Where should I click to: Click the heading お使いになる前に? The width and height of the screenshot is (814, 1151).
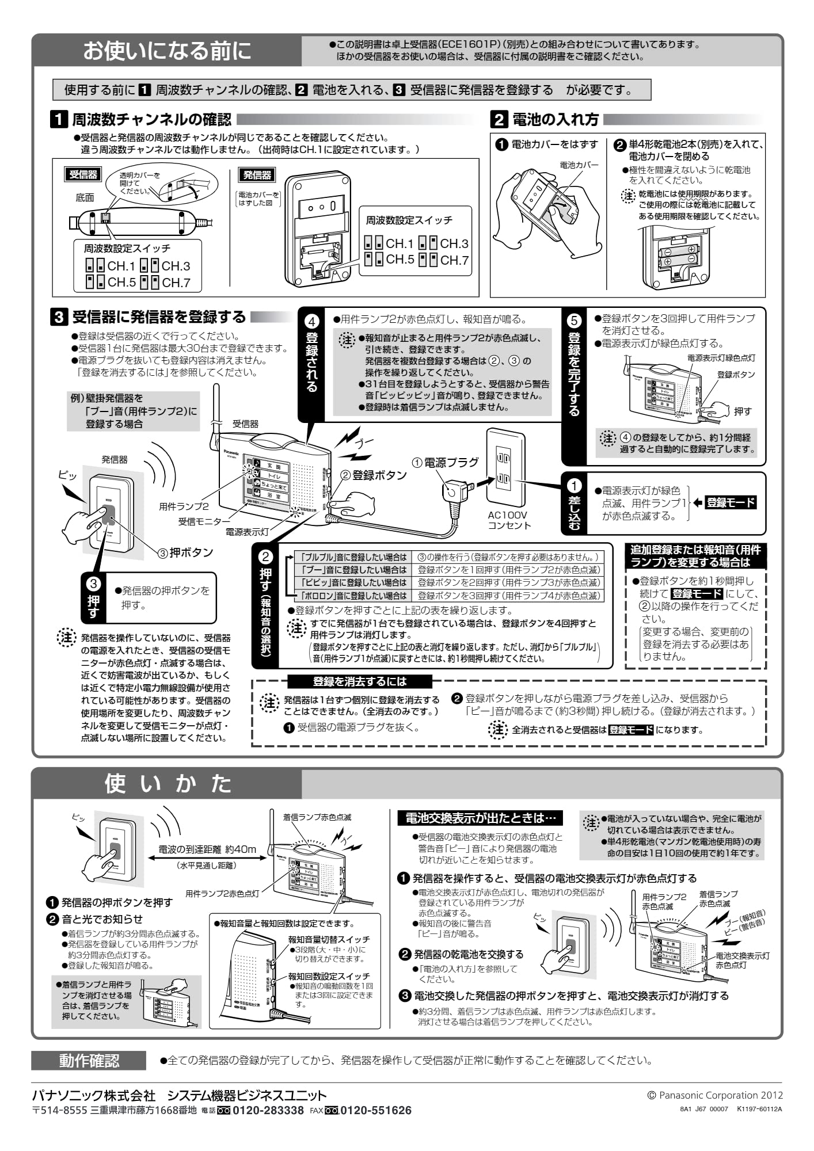click(168, 51)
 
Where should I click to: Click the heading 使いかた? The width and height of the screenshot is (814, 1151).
click(168, 783)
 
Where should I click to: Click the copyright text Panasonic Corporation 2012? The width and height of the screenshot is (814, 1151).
click(720, 1095)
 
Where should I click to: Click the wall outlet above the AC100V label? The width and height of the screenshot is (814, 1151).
click(505, 467)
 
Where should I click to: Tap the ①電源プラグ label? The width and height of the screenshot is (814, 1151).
click(446, 463)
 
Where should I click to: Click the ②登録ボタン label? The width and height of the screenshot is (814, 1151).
click(374, 475)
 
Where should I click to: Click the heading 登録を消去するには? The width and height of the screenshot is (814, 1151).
click(359, 681)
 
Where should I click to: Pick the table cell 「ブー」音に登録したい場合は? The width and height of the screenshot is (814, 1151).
click(355, 570)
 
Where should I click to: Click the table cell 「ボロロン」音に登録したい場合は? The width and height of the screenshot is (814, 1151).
click(355, 596)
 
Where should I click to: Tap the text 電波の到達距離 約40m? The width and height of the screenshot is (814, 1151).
click(207, 849)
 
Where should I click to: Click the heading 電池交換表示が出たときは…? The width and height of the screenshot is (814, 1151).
click(480, 818)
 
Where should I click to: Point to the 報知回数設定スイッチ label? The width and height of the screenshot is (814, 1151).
click(329, 976)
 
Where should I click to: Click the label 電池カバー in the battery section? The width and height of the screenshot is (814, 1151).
click(579, 165)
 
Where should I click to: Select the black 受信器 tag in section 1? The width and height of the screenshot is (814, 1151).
click(83, 174)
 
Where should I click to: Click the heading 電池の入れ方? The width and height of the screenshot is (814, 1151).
click(555, 120)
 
